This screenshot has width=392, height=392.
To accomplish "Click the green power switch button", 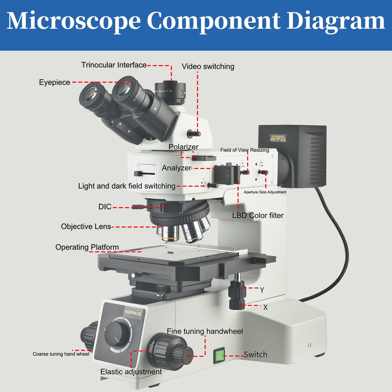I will (x=219, y=356).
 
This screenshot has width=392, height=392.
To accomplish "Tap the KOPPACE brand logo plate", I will (x=133, y=313).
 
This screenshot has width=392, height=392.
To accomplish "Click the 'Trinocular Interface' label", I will (x=114, y=65).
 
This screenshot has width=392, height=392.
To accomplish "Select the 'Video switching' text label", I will (x=208, y=66).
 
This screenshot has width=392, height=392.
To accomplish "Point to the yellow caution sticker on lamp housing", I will (x=278, y=138).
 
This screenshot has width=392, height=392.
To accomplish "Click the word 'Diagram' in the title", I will (x=336, y=21).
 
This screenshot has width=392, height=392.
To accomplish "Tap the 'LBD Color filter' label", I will (x=258, y=215).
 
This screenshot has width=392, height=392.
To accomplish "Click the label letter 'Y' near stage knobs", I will (x=262, y=290).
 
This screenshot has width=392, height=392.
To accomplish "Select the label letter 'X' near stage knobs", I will (x=265, y=307).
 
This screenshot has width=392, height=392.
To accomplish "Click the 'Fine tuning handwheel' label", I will (x=205, y=331).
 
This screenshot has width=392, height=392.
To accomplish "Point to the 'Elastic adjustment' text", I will (x=131, y=372).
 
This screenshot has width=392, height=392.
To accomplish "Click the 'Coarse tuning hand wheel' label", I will (x=61, y=354).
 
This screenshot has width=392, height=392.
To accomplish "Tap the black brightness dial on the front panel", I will (x=117, y=334).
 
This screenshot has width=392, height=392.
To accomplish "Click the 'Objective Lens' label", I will (x=86, y=226).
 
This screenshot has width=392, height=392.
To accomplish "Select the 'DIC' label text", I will (x=105, y=207).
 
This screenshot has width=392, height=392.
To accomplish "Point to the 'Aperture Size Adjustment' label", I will (x=265, y=192).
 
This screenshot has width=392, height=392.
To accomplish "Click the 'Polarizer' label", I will (x=183, y=147).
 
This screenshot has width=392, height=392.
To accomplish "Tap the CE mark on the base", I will (x=310, y=345).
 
